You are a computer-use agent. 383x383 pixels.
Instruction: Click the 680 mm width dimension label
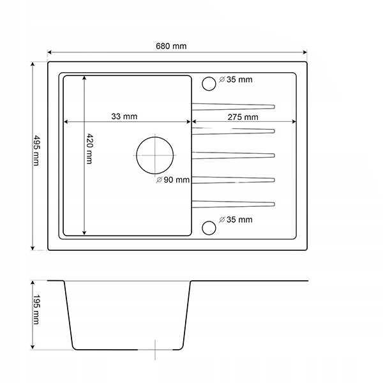click(x=171, y=46)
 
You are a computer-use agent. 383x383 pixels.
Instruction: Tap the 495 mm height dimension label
click(x=36, y=151)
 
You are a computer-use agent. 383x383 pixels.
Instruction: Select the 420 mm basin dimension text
click(x=90, y=149)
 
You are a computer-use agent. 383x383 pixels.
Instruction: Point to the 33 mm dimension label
click(x=124, y=117)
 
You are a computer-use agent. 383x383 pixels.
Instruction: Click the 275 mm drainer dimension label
click(x=243, y=117)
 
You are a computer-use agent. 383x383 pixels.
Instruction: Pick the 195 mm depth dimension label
click(x=36, y=310)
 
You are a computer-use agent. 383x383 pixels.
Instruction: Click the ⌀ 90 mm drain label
click(x=173, y=180)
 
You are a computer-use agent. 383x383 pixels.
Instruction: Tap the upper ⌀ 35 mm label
click(x=236, y=80)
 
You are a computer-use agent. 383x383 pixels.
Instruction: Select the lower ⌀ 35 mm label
click(x=236, y=220)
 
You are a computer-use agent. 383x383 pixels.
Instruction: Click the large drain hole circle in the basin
click(x=155, y=137)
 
